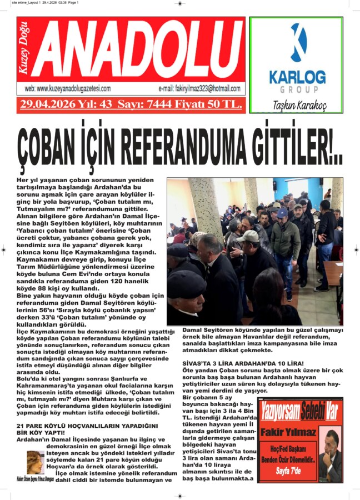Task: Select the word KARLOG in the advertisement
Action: [x=298, y=77]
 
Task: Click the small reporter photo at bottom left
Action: [x=36, y=462]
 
